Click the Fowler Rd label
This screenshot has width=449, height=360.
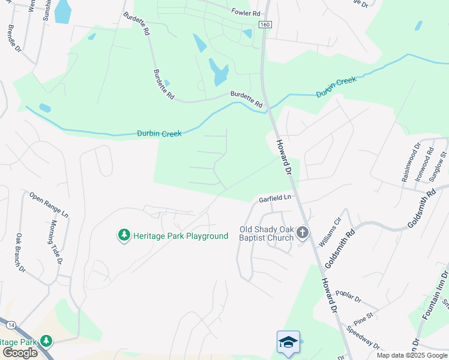point(246,13)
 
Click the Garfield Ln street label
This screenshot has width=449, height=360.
point(275,198)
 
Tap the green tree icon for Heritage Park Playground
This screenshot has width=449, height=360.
point(124,235)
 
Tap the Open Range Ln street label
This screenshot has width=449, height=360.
point(49,205)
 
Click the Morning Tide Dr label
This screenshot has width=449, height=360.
point(56,242)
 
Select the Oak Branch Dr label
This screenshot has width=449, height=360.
point(21,252)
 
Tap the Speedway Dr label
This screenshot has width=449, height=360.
point(364,337)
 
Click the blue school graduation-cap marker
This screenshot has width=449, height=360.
point(288,342)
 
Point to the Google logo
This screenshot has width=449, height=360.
point(20,353)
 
